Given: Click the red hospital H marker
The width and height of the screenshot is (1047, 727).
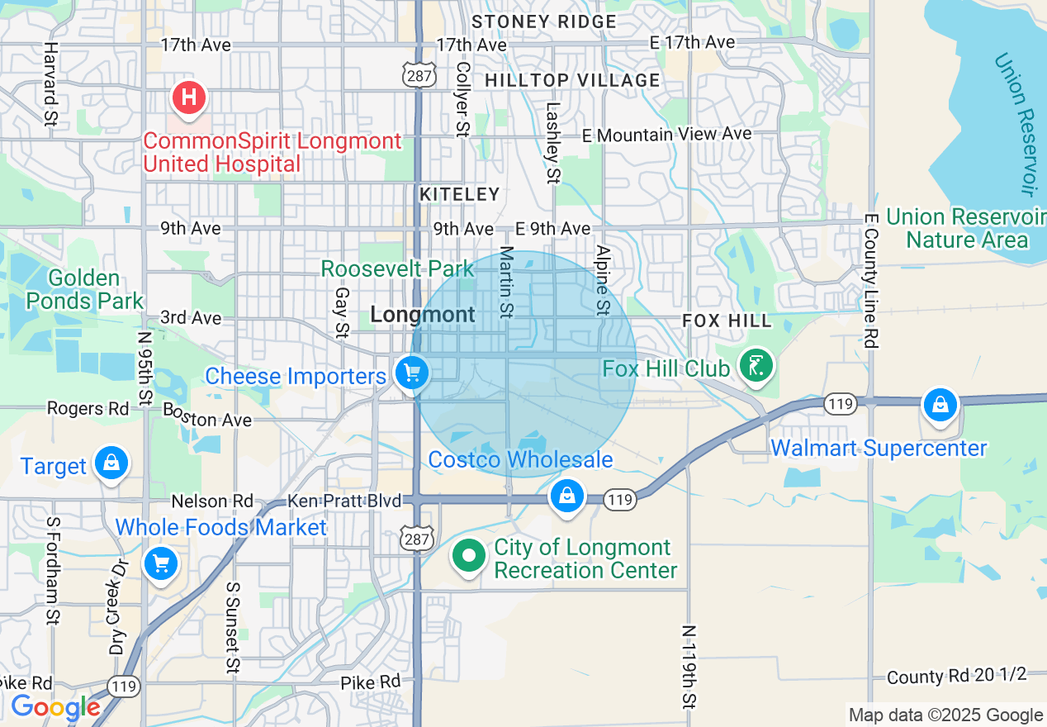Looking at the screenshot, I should coord(188,97).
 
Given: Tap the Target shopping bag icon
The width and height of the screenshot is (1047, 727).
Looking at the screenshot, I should coord(111,462).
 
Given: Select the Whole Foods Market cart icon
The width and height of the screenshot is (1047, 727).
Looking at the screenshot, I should coord(160,564).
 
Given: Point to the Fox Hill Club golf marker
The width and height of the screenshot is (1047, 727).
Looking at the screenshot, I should coord(756,365).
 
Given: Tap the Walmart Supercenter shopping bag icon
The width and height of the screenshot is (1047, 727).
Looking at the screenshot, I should coord(940,405).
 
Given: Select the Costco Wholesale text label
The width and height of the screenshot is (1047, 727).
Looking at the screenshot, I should coord(520,459).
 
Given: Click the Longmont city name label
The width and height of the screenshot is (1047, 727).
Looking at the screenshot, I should coord(423,314).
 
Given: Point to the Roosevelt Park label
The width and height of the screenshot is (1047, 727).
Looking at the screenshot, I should coord(397,268).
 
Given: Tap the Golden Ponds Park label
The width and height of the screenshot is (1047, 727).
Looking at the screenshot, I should coord(84,289).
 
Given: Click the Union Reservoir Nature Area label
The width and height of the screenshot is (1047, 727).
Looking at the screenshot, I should coord(966,228).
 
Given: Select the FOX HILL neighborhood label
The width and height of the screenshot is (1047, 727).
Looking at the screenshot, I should coord(727,321).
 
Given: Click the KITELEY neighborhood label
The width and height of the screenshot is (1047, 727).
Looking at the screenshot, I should coord(460,194).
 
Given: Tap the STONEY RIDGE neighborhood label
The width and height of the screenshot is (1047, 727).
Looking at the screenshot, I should coord(544,21).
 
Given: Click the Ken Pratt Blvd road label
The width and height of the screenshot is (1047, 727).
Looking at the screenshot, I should coord(344,501).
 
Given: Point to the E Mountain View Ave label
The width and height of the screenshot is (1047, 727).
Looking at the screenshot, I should coord(667,134).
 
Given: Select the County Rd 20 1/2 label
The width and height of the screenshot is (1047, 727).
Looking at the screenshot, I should coord(956,676).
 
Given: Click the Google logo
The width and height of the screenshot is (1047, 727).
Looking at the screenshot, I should coord(55,707).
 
